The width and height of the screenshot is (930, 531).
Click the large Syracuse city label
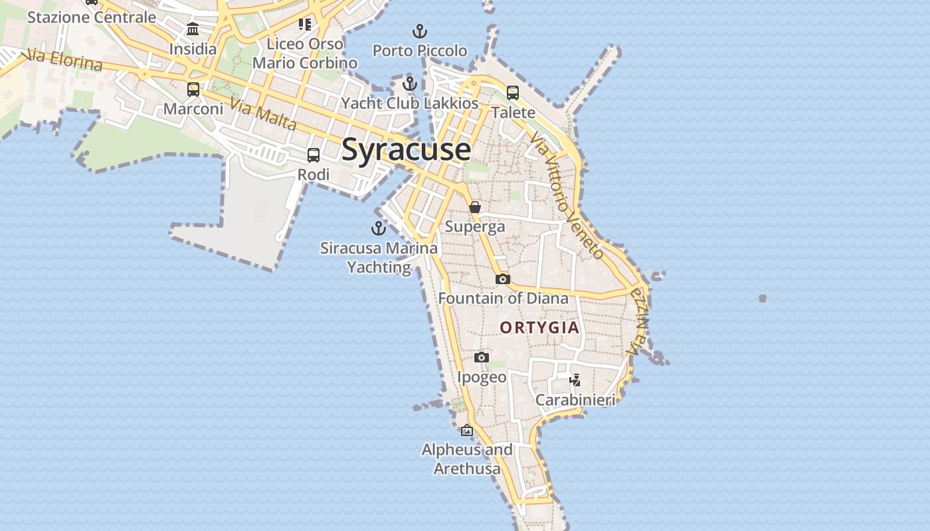[x=406, y=150]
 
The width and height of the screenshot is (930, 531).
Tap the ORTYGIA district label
[x=539, y=328]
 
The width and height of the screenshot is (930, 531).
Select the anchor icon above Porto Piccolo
[x=420, y=31]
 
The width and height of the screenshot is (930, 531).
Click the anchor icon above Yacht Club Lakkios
[x=410, y=84]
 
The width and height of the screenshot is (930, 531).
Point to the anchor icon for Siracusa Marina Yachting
[x=379, y=229]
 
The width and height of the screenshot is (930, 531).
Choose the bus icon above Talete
[x=513, y=93]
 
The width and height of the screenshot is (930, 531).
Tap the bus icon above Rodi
[x=314, y=155]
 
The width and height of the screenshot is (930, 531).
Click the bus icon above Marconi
[x=193, y=89]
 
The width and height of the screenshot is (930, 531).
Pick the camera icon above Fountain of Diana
[x=503, y=279]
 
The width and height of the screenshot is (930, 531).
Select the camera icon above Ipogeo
[x=482, y=358]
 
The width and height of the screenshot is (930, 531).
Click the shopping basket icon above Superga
[x=475, y=208]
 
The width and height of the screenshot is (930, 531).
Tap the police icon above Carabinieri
[x=575, y=380]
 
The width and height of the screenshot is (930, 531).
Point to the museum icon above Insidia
[x=193, y=29]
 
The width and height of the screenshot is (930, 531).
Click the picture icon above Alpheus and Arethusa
[x=467, y=430]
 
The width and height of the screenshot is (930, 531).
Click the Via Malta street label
[x=263, y=114]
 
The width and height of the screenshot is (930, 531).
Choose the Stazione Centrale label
[x=92, y=17]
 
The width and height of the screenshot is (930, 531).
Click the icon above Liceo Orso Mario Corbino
[x=305, y=25]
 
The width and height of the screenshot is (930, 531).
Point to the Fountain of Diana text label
[x=503, y=299]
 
